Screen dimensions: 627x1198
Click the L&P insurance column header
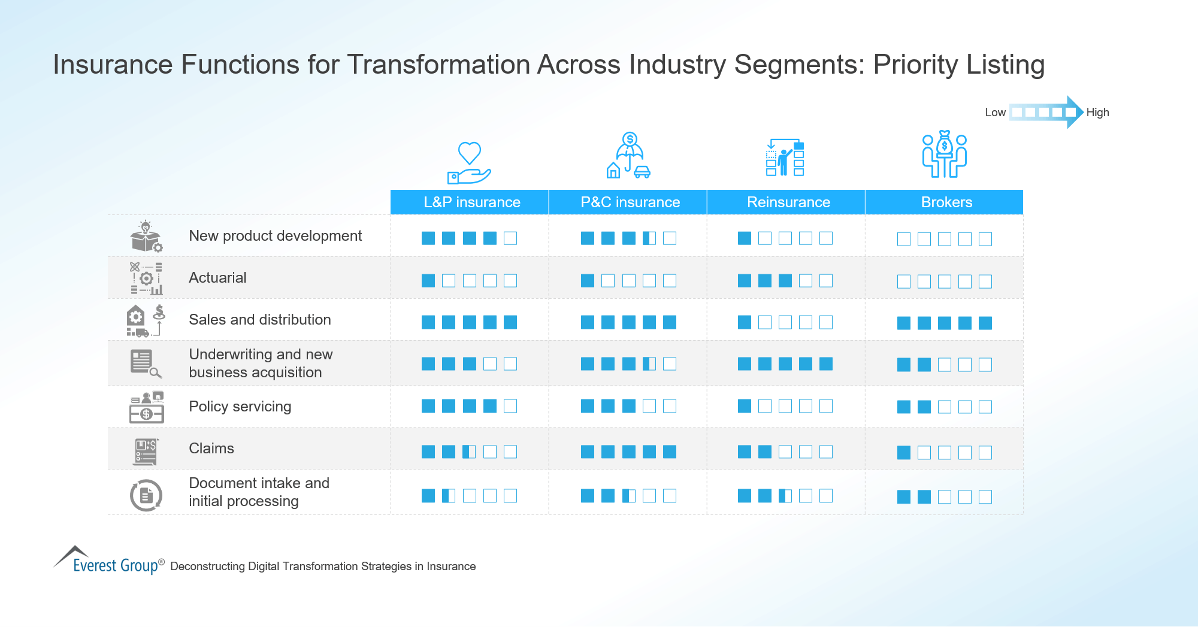pyautogui.click(x=471, y=202)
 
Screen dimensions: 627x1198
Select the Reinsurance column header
pyautogui.click(x=788, y=202)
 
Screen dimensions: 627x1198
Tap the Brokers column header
pyautogui.click(x=946, y=202)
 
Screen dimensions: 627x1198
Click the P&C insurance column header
pyautogui.click(x=630, y=202)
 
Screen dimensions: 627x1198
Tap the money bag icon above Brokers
pyautogui.click(x=945, y=144)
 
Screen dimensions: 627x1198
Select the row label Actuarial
pyautogui.click(x=217, y=278)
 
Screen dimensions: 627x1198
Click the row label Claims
pyautogui.click(x=211, y=449)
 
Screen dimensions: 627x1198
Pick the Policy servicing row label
pyautogui.click(x=240, y=407)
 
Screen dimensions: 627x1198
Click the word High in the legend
pyautogui.click(x=1097, y=113)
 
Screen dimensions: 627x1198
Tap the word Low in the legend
pyautogui.click(x=995, y=113)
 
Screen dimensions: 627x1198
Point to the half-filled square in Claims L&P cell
pyautogui.click(x=469, y=452)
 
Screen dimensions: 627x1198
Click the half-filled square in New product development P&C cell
pyautogui.click(x=649, y=238)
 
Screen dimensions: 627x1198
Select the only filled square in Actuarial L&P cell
pyautogui.click(x=428, y=280)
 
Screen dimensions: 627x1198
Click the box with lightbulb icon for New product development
pyautogui.click(x=146, y=237)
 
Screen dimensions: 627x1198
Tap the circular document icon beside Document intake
pyautogui.click(x=146, y=495)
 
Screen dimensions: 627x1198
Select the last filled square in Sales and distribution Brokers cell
pyautogui.click(x=985, y=323)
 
